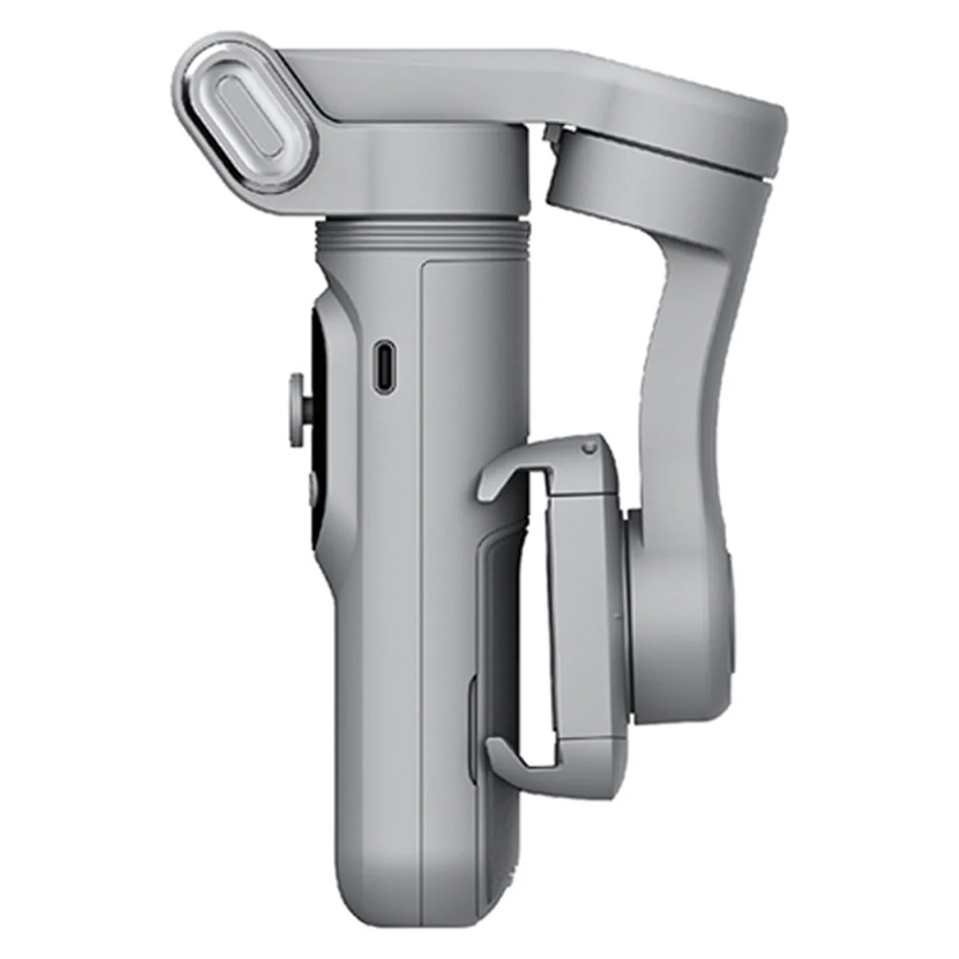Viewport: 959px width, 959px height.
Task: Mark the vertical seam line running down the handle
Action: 421,559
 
